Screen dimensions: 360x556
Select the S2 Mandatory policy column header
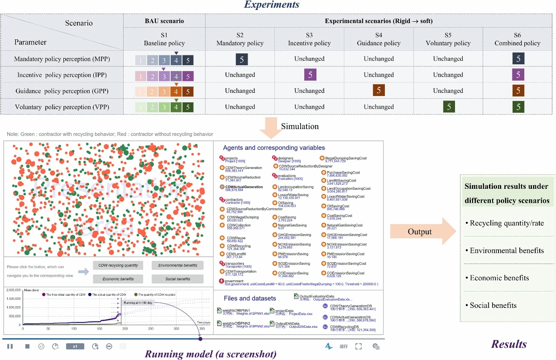pos(240,39)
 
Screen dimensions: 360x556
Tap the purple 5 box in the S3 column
pos(310,75)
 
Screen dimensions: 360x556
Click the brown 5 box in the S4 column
pos(379,91)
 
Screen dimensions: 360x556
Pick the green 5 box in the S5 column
pos(448,107)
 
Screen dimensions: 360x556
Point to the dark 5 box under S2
pos(242,59)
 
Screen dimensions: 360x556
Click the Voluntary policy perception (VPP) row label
pos(62,107)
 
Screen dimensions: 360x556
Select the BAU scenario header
pos(164,21)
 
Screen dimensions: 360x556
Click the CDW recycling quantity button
pos(118,265)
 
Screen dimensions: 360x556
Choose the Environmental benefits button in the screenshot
pos(177,265)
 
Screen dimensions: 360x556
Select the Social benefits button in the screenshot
pos(177,279)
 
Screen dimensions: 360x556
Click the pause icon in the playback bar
pos(10,346)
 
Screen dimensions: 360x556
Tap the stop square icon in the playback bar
pos(27,346)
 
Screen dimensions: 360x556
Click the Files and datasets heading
pos(249,298)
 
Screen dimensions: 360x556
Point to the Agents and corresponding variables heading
pos(274,148)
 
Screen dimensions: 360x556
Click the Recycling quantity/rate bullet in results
pos(507,223)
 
